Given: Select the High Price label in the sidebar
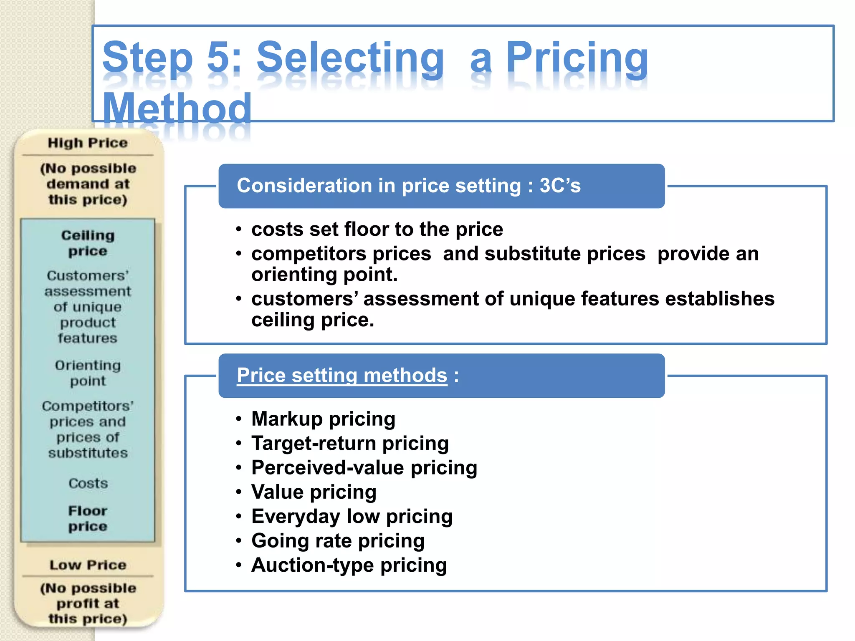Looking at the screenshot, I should pyautogui.click(x=88, y=143).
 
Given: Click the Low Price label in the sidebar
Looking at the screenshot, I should pyautogui.click(x=88, y=565).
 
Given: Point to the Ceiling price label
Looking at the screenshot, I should pyautogui.click(x=88, y=243).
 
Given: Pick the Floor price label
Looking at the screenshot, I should pyautogui.click(x=88, y=518).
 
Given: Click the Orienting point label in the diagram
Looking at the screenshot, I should pyautogui.click(x=88, y=373).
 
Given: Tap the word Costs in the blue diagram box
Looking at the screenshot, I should pyautogui.click(x=88, y=483).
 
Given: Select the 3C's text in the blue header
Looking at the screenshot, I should pyautogui.click(x=560, y=186).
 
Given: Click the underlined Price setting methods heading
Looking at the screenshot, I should pyautogui.click(x=342, y=375).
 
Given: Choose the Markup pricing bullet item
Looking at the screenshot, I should pyautogui.click(x=323, y=419).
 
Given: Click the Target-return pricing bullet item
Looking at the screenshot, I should pyautogui.click(x=350, y=443).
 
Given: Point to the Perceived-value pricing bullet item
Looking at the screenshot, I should pyautogui.click(x=364, y=467).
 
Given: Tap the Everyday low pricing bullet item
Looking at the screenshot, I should pyautogui.click(x=352, y=516).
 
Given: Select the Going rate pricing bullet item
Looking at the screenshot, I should pyautogui.click(x=338, y=540).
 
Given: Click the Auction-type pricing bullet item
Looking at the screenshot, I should pyautogui.click(x=349, y=565).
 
